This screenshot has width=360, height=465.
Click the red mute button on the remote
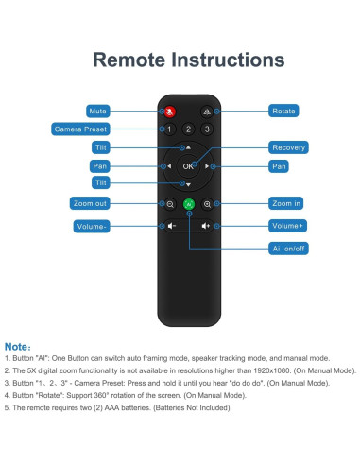170,112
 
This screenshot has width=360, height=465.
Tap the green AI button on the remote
189,204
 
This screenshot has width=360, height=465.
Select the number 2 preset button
188,129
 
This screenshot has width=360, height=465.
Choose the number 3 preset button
207,129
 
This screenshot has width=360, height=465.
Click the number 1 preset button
169,129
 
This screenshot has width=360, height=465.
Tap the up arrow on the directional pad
188,147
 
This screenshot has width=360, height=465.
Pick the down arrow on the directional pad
188,185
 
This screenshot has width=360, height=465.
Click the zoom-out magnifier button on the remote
170,204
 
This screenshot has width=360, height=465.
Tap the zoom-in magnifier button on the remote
207,204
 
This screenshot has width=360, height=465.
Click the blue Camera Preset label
80,129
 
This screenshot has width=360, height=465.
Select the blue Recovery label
288,147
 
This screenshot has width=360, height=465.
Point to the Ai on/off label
288,249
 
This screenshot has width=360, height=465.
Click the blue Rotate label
283,111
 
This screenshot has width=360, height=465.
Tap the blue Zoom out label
90,203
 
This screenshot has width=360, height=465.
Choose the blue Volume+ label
287,226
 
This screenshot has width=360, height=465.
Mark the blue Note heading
18,347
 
